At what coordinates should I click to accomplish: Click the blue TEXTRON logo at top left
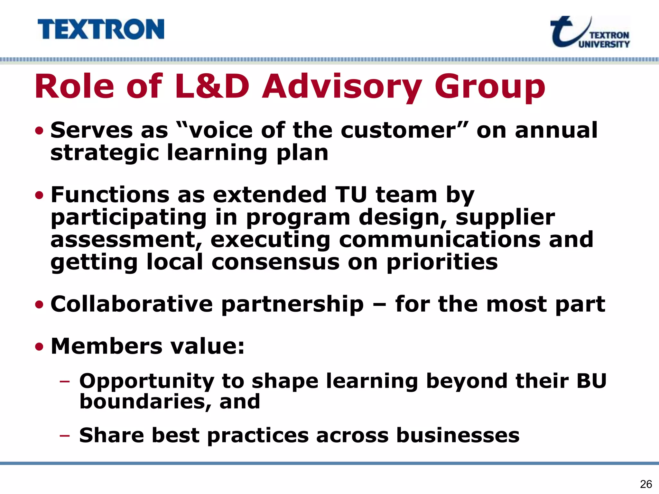(101, 29)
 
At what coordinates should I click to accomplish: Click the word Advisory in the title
(342, 87)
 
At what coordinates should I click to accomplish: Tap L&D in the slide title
(212, 87)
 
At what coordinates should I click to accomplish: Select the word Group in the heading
(489, 87)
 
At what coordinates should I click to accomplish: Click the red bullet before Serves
(39, 131)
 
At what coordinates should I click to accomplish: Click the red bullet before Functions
(39, 195)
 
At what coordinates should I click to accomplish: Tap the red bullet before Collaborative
(39, 304)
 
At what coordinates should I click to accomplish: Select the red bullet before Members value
(39, 347)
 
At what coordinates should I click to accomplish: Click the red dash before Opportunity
(65, 381)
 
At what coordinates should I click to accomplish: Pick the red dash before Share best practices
(65, 436)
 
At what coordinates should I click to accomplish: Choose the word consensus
(275, 262)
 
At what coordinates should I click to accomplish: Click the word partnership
(292, 304)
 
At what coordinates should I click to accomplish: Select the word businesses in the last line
(458, 435)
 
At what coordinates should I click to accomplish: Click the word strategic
(105, 153)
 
